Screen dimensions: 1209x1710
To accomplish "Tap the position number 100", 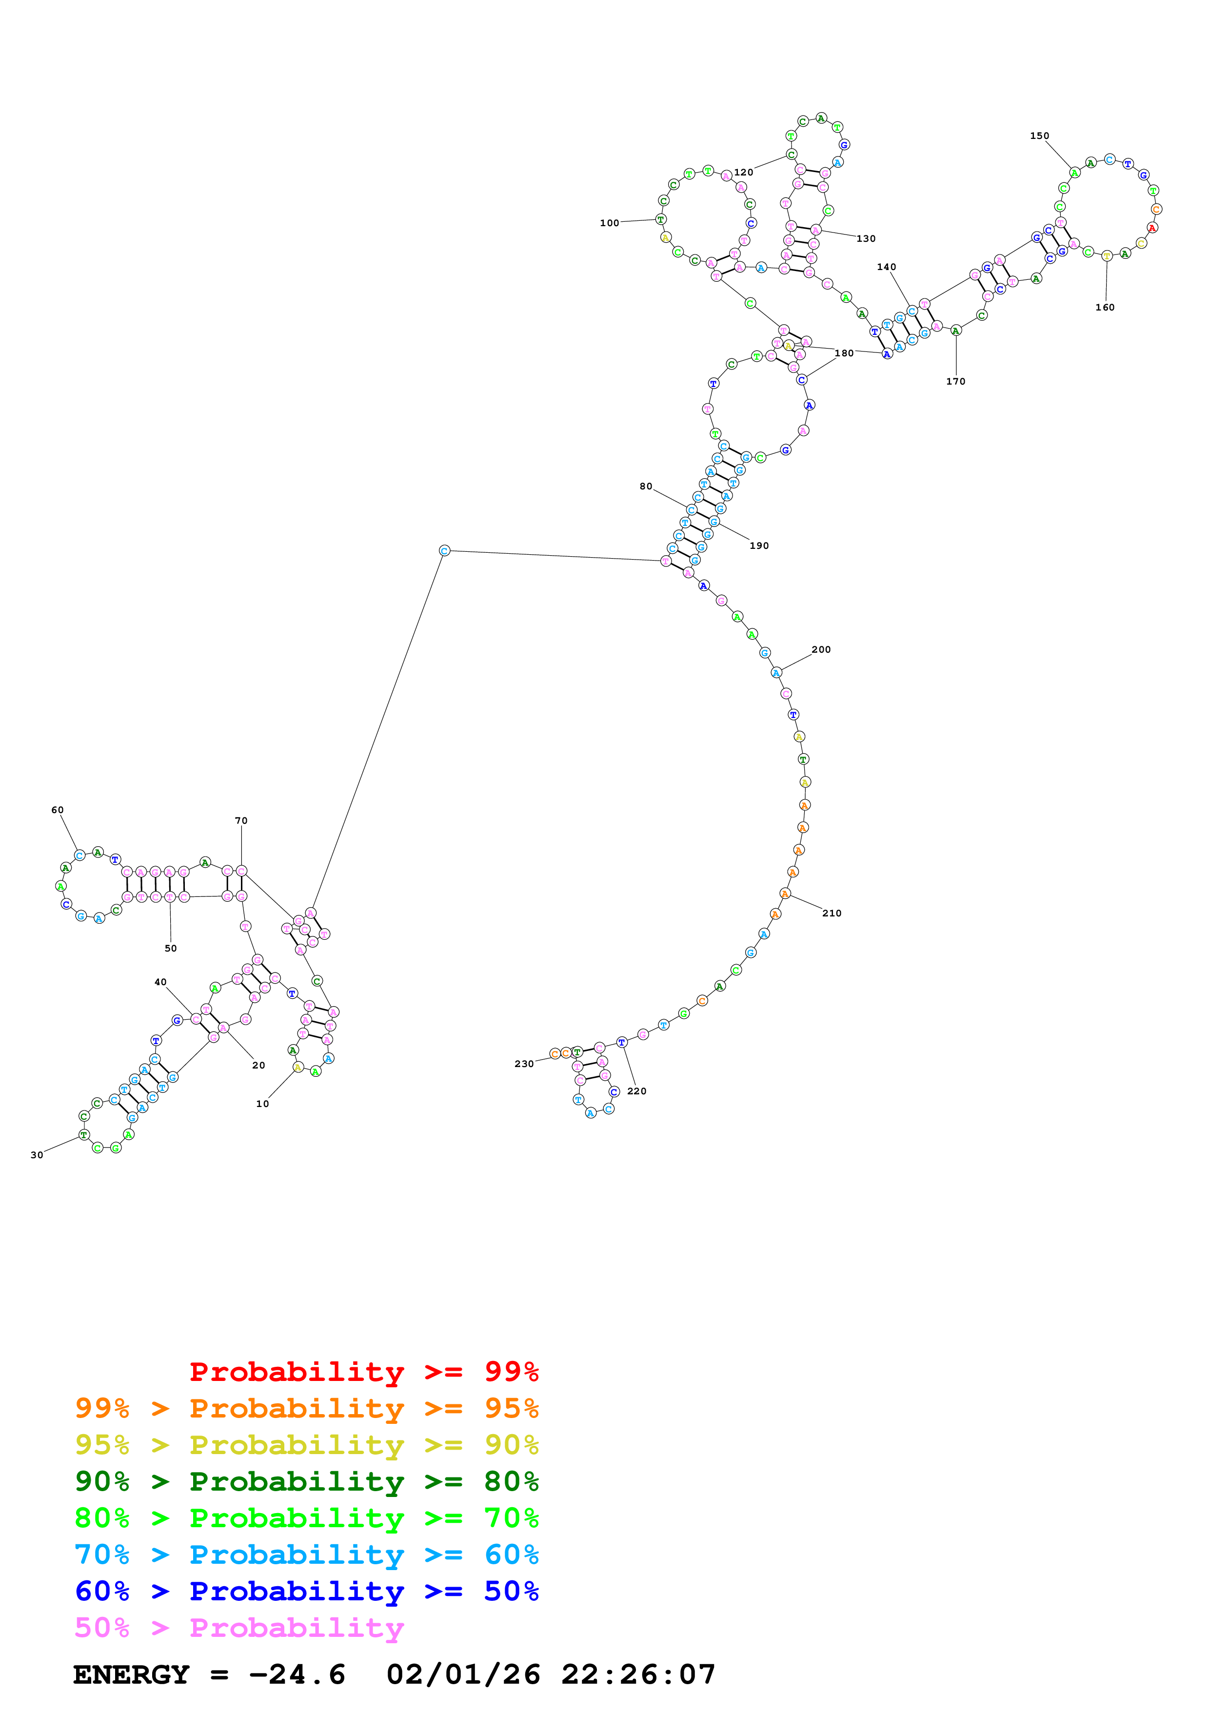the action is click(x=609, y=223).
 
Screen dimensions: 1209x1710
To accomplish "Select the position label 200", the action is click(x=821, y=649).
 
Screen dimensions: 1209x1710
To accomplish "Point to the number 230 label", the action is click(x=524, y=1064).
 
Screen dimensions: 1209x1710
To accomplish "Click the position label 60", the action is click(x=58, y=810).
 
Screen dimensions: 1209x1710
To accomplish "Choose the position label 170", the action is click(x=956, y=381).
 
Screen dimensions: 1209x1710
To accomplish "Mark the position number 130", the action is click(x=866, y=239).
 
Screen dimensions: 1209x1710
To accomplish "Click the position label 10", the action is click(x=262, y=1104).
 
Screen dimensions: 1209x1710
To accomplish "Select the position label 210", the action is click(x=832, y=913).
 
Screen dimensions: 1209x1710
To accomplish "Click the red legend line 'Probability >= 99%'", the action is click(x=363, y=1372).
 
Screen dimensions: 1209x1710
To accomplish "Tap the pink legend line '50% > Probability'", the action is click(x=239, y=1627).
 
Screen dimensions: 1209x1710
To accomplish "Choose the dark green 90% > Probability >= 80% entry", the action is click(x=306, y=1481).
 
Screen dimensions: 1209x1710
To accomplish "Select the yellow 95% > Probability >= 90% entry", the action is click(x=306, y=1445).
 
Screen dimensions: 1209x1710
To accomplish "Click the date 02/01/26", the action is click(x=463, y=1675).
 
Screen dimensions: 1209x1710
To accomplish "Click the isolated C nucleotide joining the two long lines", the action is click(x=445, y=551).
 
